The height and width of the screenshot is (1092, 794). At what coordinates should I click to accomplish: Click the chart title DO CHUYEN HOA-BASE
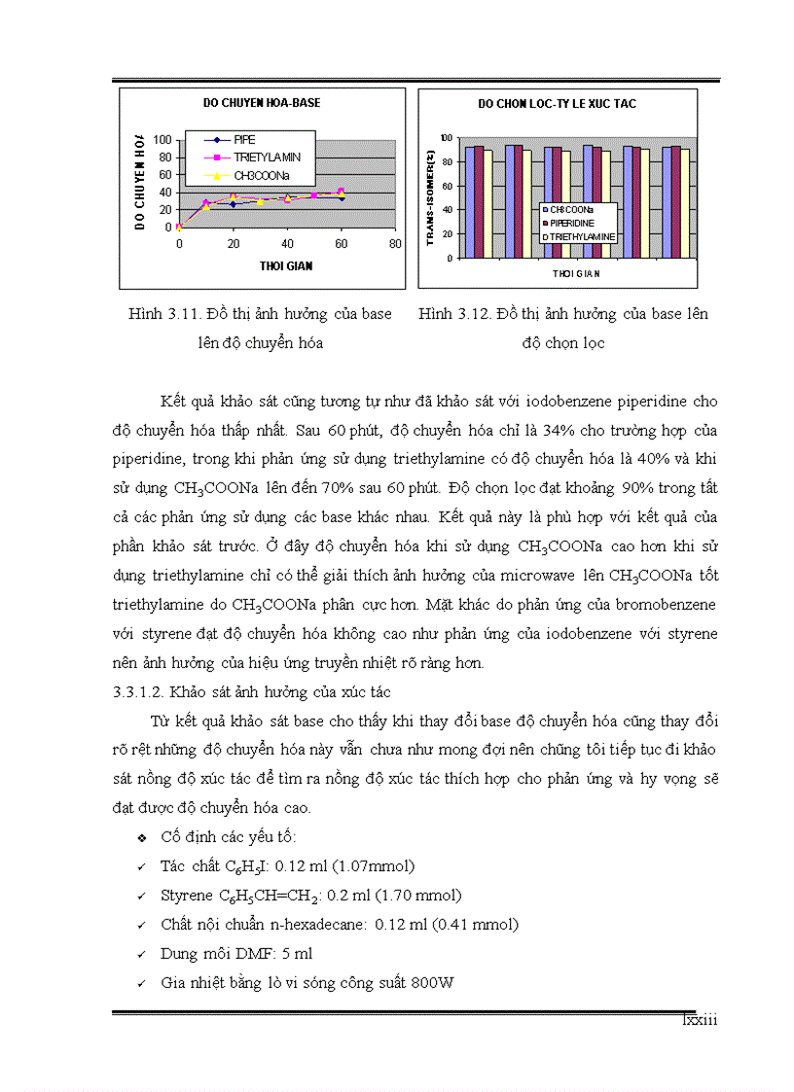(261, 101)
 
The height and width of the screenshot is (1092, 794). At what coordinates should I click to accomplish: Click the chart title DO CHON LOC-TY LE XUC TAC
(557, 103)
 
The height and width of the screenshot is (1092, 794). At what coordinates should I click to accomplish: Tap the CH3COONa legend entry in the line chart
(261, 175)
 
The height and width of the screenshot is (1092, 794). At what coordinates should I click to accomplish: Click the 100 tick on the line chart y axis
(163, 140)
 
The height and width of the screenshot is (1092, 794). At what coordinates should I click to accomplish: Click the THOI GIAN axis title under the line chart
(285, 264)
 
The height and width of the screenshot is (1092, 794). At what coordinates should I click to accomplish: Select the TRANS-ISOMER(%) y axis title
(430, 198)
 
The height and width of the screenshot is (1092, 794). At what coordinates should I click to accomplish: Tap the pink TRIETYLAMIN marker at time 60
(341, 192)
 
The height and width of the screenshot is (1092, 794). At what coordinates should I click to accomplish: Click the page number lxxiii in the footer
(698, 1020)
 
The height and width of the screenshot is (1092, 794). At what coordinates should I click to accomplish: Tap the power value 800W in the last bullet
(432, 982)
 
